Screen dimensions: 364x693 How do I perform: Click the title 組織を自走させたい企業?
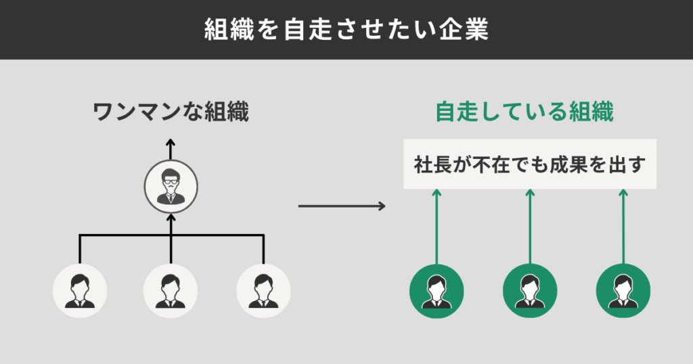[x=346, y=30]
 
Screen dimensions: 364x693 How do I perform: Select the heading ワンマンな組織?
[x=171, y=112]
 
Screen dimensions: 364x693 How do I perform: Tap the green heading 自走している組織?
[x=524, y=112]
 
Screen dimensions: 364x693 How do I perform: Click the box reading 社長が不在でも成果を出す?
[x=530, y=164]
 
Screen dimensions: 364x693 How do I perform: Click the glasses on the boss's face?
[x=171, y=182]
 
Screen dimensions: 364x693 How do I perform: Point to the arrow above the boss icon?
[x=171, y=150]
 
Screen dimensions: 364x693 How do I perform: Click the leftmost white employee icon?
[x=80, y=290]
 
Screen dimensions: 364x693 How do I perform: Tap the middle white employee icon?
[x=171, y=290]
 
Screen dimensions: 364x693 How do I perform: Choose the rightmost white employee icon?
[x=263, y=290]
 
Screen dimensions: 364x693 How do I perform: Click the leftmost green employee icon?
[x=437, y=290]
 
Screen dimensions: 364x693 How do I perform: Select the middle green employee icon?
[x=530, y=290]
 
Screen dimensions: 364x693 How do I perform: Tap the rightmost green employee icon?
[x=623, y=290]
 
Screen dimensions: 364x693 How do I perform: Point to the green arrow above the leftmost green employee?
[x=437, y=227]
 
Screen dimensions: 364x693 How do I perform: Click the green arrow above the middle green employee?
[x=530, y=227]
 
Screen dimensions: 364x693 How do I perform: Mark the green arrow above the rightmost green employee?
[x=623, y=227]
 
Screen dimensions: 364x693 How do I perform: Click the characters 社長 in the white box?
[x=430, y=164]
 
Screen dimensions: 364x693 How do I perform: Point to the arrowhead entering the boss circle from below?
[x=171, y=218]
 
